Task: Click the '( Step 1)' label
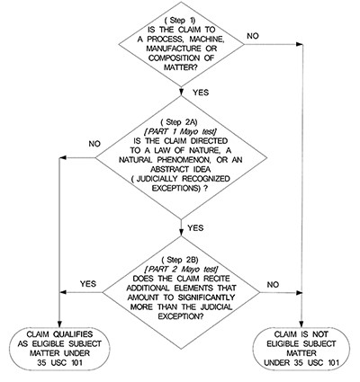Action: (180, 21)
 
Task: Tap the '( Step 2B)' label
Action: (180, 260)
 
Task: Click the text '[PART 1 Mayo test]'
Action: (181, 131)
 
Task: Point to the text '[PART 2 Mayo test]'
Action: (182, 269)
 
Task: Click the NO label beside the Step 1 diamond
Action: (253, 36)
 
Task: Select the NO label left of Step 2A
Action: (94, 144)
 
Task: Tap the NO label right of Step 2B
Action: (273, 285)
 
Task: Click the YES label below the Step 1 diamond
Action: (201, 92)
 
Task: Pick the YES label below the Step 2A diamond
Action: (195, 228)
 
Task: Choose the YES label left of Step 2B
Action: (88, 284)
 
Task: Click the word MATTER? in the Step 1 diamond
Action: (181, 67)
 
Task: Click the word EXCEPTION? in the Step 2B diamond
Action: (182, 316)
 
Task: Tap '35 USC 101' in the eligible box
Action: (60, 362)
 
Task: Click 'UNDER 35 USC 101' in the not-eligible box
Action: (301, 362)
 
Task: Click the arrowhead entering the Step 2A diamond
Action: (181, 92)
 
